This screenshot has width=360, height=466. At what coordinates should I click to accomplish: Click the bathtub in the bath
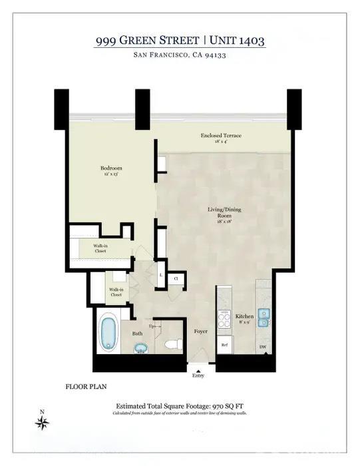(108, 335)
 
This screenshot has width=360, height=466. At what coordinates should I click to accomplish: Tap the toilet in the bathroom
(172, 344)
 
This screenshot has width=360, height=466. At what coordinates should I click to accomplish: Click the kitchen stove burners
(222, 318)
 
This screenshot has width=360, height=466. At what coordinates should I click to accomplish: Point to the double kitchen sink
(264, 318)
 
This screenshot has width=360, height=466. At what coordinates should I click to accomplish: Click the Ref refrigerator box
(224, 345)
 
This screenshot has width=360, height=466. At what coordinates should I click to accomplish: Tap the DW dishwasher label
(263, 347)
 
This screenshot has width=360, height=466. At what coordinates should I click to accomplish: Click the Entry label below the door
(198, 376)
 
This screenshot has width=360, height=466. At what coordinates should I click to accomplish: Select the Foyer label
(200, 331)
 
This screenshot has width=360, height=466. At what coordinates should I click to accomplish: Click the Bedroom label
(111, 168)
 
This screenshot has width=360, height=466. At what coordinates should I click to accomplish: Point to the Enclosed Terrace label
(221, 136)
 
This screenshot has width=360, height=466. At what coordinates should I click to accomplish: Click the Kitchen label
(243, 316)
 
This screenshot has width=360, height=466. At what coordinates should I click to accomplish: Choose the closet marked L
(160, 274)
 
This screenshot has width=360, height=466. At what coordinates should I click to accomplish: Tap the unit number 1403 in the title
(249, 41)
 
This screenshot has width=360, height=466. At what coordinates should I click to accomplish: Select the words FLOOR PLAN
(86, 386)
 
